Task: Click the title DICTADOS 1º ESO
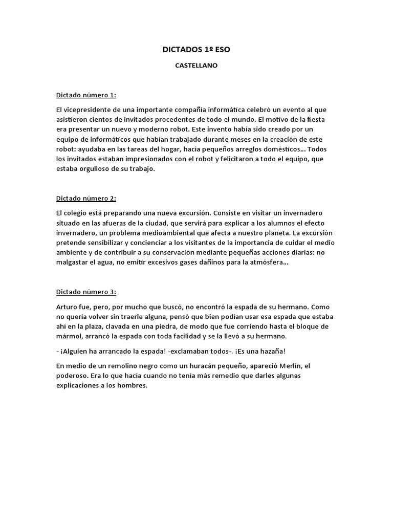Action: point(196,50)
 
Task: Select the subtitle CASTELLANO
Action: point(196,65)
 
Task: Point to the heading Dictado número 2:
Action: point(86,198)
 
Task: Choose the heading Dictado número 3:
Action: point(86,292)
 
